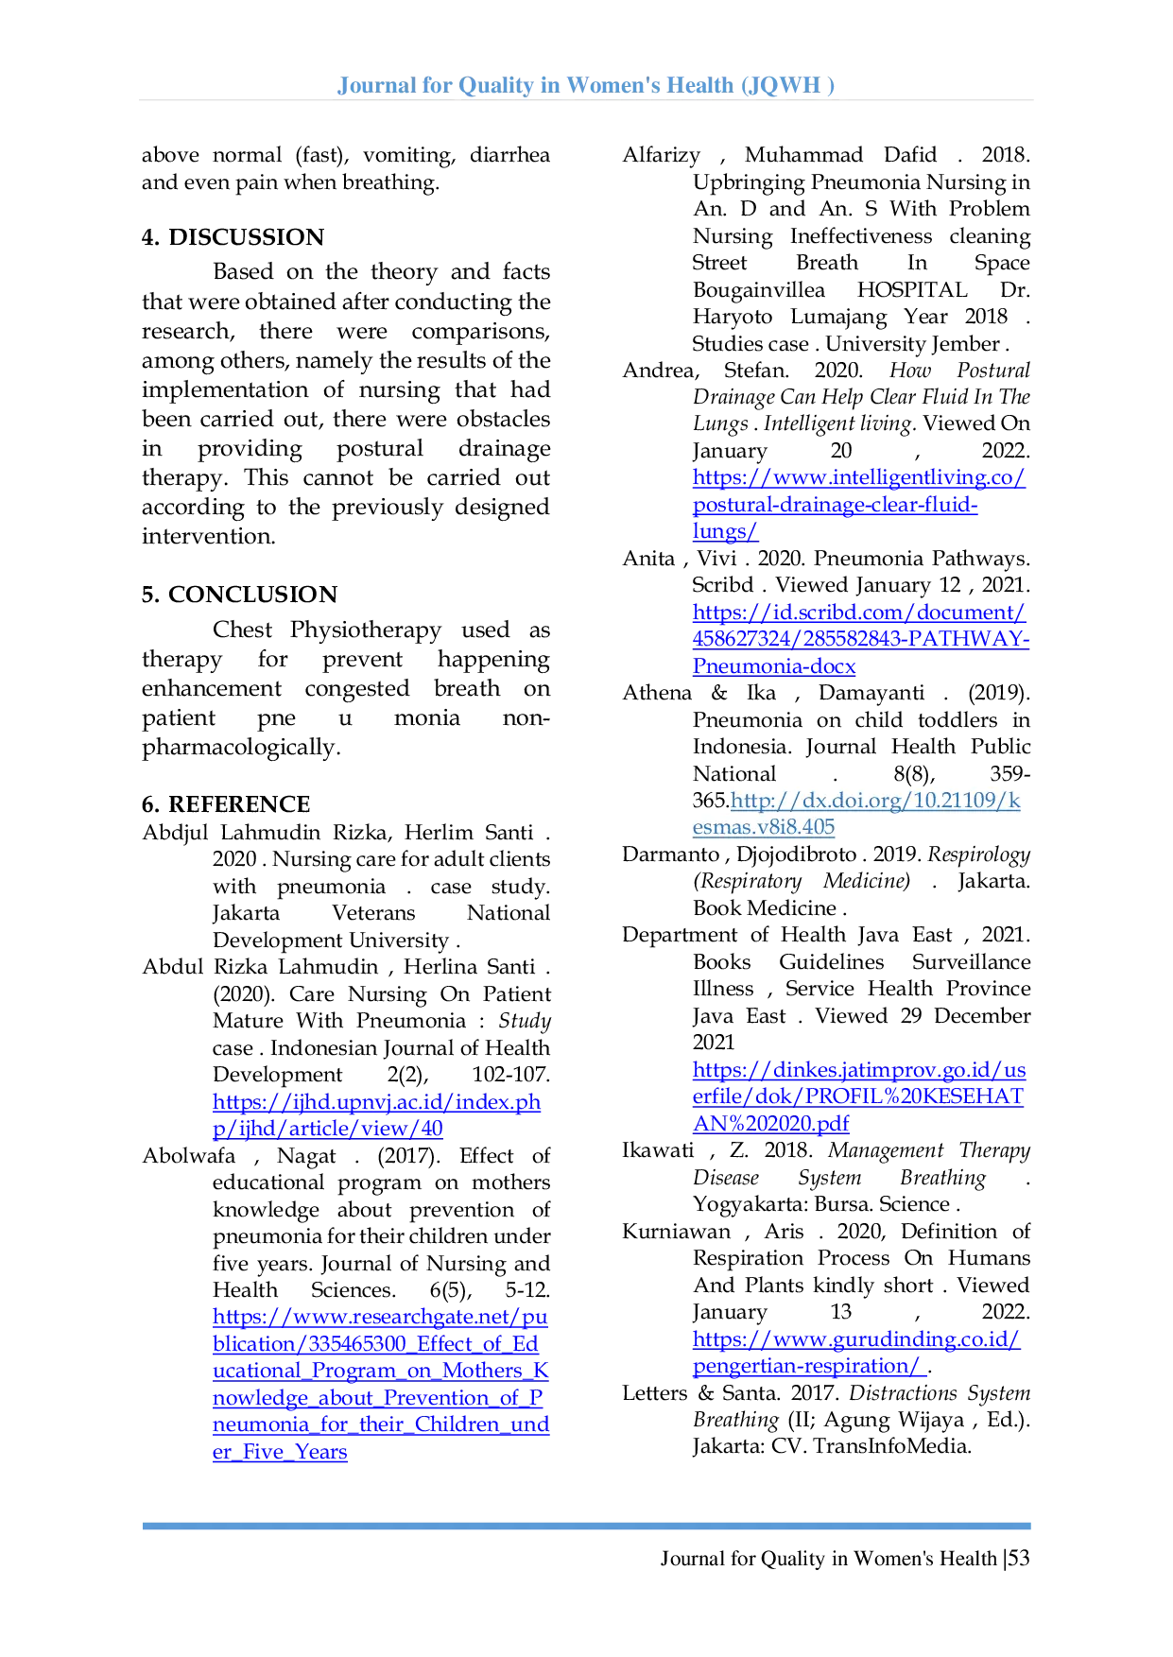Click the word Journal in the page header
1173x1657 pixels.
click(372, 88)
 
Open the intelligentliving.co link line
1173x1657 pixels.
click(858, 478)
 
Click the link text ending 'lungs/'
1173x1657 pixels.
click(725, 532)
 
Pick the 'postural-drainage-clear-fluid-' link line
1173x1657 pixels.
click(836, 506)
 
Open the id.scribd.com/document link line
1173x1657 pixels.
click(858, 613)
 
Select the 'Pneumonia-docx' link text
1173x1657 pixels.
click(775, 666)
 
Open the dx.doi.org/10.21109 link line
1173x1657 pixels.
click(875, 801)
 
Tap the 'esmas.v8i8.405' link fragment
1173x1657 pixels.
click(764, 827)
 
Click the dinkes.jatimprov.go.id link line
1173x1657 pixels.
click(858, 1071)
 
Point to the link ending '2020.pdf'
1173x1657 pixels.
click(772, 1123)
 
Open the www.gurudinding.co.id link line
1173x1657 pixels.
click(858, 1340)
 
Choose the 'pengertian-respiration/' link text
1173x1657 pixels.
click(809, 1367)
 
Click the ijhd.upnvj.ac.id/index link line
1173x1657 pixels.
click(378, 1102)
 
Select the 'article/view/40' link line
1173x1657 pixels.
click(327, 1129)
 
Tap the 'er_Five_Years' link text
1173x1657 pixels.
click(280, 1452)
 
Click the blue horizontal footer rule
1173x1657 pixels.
click(586, 1528)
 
